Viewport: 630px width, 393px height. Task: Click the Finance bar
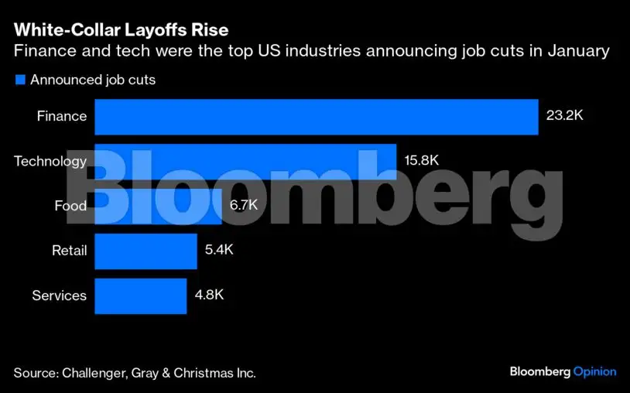316,117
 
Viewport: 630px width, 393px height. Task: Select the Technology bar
245,161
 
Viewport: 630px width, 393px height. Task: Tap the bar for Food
158,206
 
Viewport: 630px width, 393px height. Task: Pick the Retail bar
146,251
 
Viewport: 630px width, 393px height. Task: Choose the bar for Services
140,296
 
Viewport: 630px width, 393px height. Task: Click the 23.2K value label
565,117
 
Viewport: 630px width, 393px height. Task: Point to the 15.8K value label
422,161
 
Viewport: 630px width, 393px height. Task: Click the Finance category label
62,117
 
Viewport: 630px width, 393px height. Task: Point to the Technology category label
50,161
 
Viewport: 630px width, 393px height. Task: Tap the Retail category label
69,251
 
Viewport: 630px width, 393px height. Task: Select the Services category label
59,296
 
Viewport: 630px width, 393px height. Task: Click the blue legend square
20,80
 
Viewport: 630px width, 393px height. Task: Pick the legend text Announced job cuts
93,80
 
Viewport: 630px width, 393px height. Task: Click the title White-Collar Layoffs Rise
121,31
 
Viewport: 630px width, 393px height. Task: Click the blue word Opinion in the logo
594,372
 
